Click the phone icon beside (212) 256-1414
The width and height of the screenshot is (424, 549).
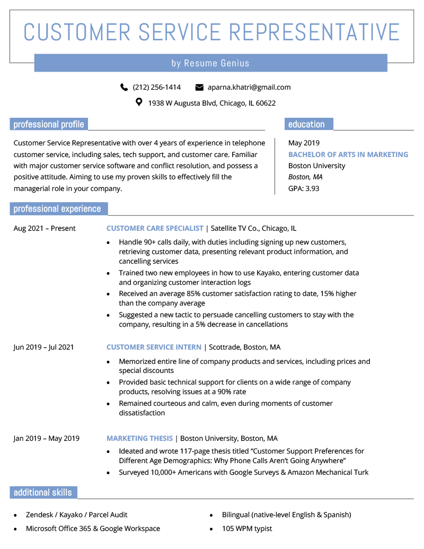click(125, 87)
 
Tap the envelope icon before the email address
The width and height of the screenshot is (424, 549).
click(199, 87)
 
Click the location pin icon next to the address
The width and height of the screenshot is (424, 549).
click(139, 102)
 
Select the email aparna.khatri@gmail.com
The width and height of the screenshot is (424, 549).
click(249, 87)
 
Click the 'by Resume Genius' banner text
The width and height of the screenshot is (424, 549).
click(210, 63)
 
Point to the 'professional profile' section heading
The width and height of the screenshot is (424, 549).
click(49, 125)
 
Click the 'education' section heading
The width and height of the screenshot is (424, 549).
click(306, 125)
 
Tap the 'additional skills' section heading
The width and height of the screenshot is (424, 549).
click(42, 492)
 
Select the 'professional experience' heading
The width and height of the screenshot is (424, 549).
click(57, 209)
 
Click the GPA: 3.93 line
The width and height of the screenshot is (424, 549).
click(304, 188)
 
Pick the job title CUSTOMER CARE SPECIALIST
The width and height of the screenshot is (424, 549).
click(155, 228)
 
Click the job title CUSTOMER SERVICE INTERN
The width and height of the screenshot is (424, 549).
click(154, 347)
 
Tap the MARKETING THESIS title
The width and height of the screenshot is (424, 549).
click(139, 438)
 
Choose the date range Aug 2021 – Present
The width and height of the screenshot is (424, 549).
click(45, 228)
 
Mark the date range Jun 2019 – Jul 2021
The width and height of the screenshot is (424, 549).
click(43, 347)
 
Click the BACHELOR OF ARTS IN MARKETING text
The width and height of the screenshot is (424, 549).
click(348, 154)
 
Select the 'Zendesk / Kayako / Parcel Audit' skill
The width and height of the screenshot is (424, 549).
click(76, 515)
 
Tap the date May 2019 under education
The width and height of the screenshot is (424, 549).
click(304, 143)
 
